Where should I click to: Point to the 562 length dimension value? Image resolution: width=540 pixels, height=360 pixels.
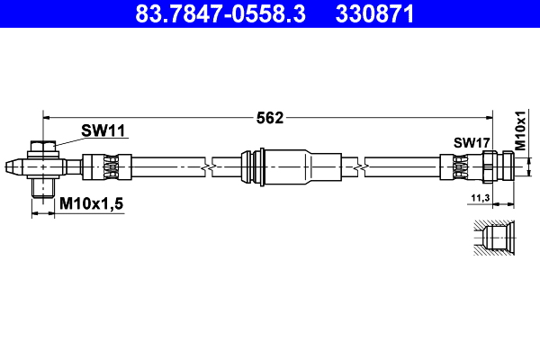pos(270,117)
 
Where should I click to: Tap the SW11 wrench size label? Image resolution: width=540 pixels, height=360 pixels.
pos(103,130)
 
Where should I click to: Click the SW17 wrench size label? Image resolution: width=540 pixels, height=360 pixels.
pos(471,142)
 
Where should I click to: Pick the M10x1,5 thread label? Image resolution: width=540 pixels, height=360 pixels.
pos(91,205)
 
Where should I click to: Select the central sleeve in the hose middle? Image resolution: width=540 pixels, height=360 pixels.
pos(281,166)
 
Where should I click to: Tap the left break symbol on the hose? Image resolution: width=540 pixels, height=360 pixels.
pos(209,166)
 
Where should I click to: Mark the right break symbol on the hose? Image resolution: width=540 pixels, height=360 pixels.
pos(361,166)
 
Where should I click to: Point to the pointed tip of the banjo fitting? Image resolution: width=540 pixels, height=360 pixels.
pos(10,166)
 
